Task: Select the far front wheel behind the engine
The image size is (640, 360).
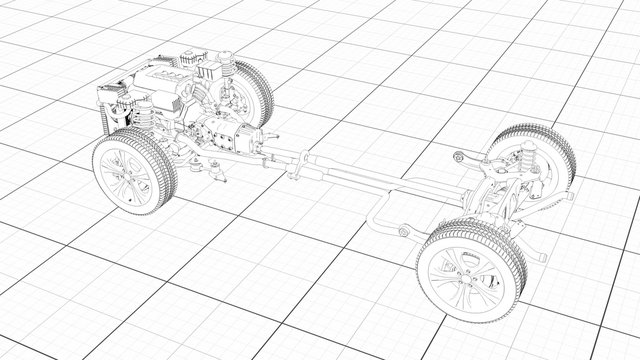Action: pyautogui.click(x=250, y=95)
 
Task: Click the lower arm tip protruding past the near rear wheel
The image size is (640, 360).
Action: pyautogui.click(x=540, y=255)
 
